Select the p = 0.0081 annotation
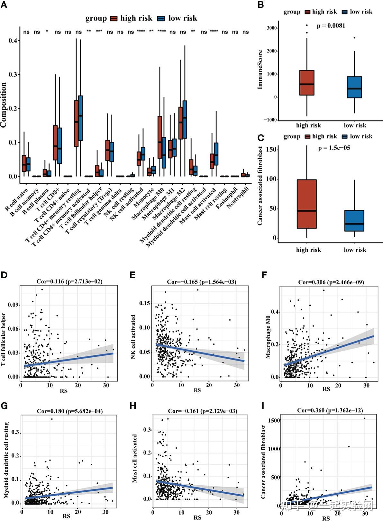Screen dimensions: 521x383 point(331,26)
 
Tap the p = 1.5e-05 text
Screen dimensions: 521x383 point(334,148)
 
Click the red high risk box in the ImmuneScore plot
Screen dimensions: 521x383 point(307,83)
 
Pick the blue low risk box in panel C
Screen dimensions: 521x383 point(354,221)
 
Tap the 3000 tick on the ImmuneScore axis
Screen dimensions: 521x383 point(271,28)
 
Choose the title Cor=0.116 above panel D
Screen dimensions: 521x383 point(69,282)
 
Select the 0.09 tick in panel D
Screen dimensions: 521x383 point(14,305)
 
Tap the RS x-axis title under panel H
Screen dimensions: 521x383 point(197,517)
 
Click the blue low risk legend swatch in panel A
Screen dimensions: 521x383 point(161,19)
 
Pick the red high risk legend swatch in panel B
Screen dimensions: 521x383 point(307,12)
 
